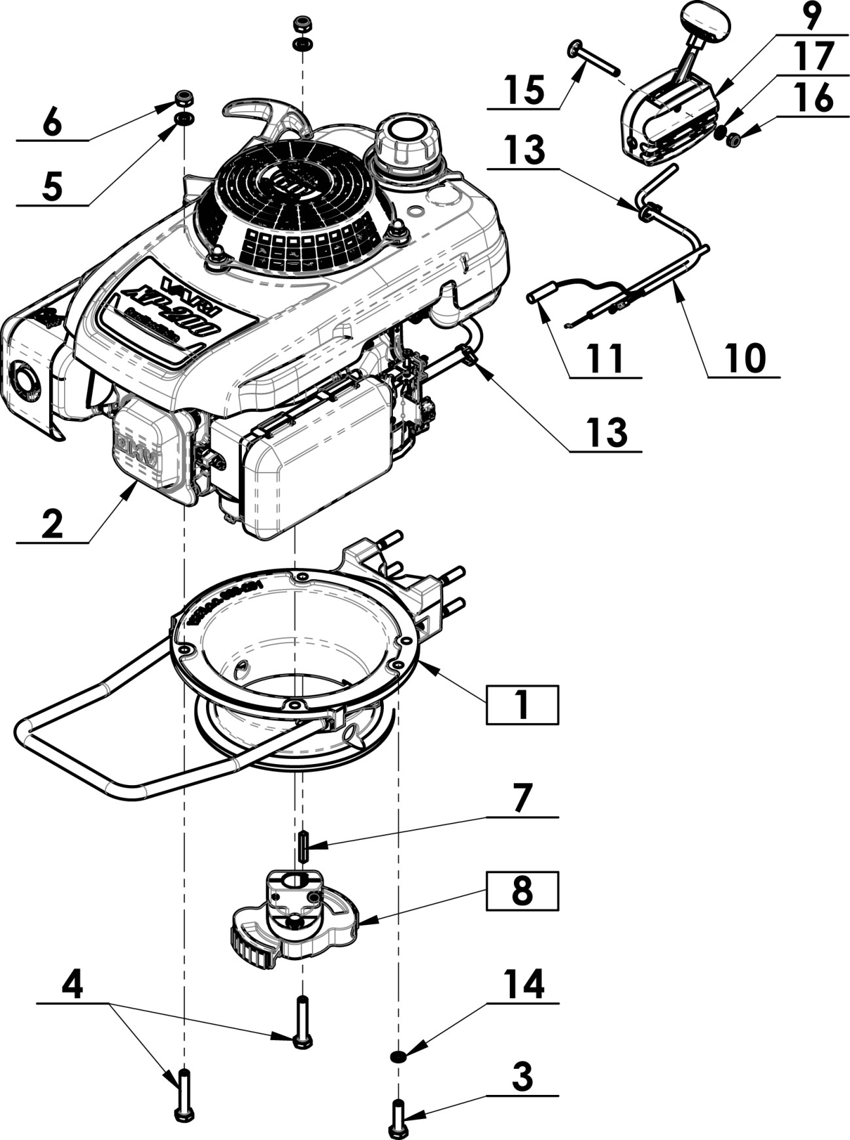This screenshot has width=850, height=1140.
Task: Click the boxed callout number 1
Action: (x=521, y=704)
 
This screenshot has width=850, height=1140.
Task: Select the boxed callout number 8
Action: (x=521, y=890)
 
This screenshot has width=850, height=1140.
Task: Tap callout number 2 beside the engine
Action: (x=52, y=524)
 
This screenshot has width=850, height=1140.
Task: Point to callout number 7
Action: (x=522, y=799)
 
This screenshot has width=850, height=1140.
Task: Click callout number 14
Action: (x=523, y=985)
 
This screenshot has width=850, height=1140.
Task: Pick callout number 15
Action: (x=524, y=90)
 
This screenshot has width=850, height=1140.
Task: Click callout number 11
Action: (x=605, y=359)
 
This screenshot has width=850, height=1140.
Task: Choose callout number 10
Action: (x=744, y=358)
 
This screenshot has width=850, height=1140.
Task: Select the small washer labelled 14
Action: (x=397, y=1037)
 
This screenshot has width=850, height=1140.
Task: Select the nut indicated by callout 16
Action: (x=734, y=139)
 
